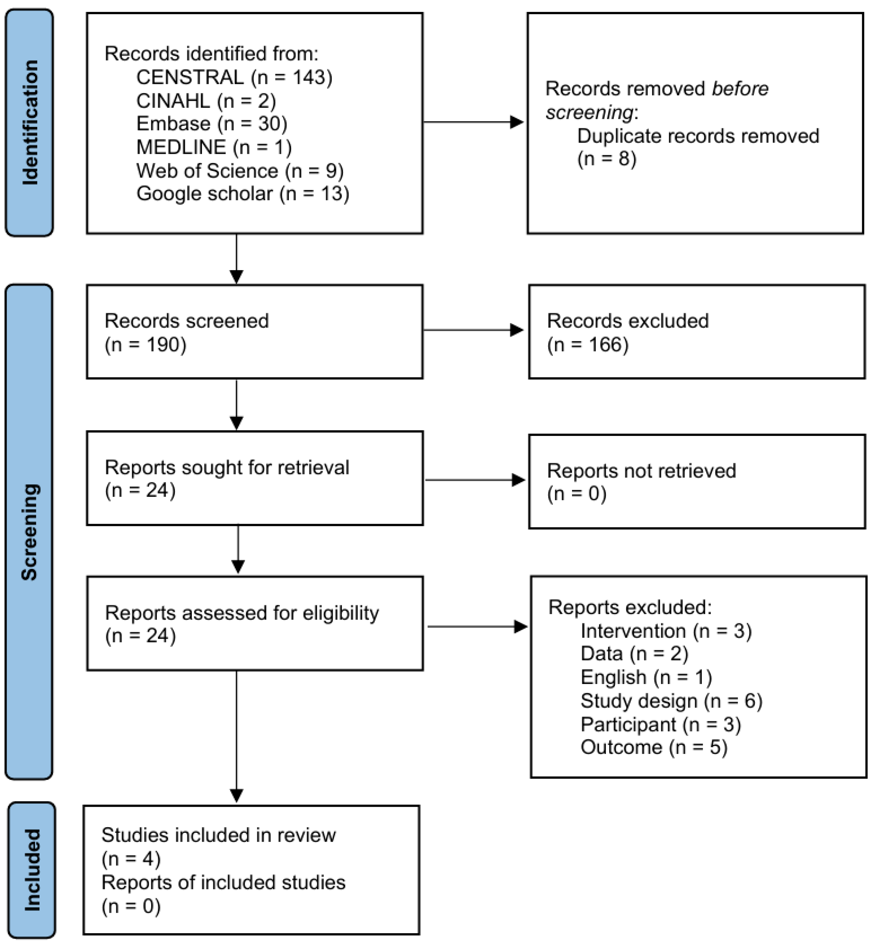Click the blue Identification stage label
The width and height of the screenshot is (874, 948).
pos(29,122)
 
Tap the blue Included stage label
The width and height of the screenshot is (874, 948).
pos(32,870)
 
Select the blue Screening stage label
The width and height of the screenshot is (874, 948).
pos(29,532)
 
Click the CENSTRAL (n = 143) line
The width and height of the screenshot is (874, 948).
pos(234,77)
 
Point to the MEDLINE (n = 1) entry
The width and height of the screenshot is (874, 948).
pos(214,147)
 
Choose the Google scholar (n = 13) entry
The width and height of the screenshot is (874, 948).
pos(243,194)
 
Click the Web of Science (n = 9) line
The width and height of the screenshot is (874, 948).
pos(240,171)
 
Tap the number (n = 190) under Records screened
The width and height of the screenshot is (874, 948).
pos(146,345)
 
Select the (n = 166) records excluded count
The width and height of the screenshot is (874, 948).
pos(588,345)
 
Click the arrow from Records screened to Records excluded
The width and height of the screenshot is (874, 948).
pos(473,330)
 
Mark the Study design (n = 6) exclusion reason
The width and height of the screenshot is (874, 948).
pos(671,701)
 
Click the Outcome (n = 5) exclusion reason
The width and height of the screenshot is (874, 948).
pos(654,747)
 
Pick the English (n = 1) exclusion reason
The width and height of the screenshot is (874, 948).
pos(646,677)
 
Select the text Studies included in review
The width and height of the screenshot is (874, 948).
pos(218,835)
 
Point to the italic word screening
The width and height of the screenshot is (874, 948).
pos(589,113)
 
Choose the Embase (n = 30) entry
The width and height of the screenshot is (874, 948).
pos(212,124)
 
